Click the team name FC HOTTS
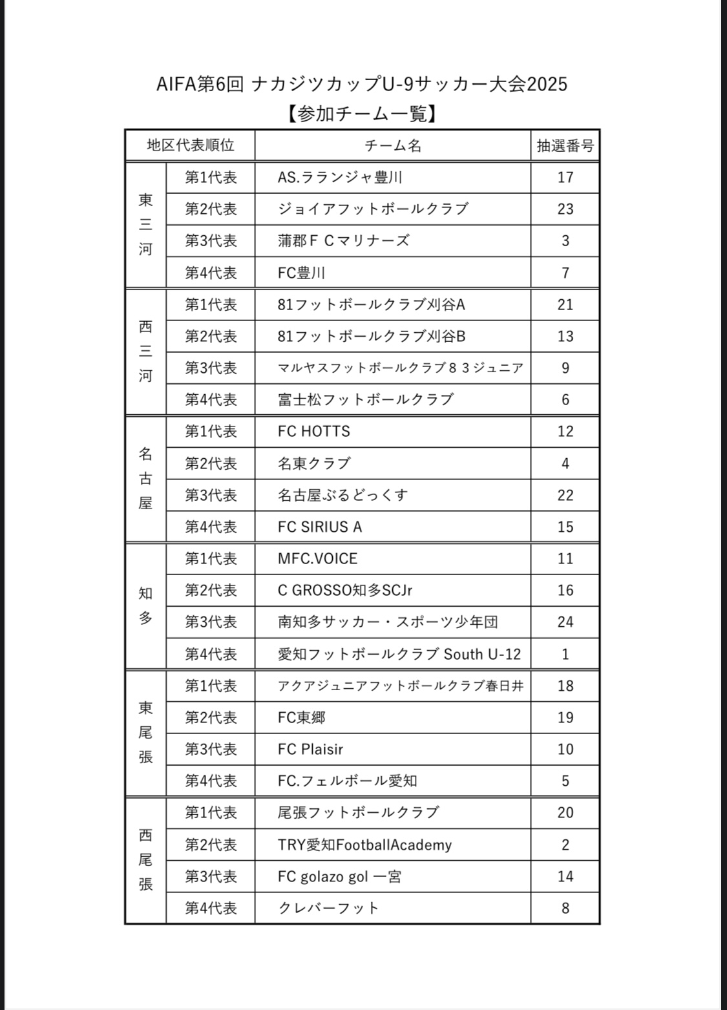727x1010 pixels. coord(314,432)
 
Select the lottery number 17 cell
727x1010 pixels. coord(565,178)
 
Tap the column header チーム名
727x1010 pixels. coord(393,146)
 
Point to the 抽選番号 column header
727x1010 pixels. coord(565,146)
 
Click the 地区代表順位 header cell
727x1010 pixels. coord(191,145)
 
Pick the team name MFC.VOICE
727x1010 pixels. coord(317,559)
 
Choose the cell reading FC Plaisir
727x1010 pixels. coord(310,750)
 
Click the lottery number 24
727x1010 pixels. coord(565,622)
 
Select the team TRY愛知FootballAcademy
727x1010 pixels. coord(364,845)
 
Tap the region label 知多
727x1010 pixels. coord(145,606)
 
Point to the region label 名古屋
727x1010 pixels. coord(145,479)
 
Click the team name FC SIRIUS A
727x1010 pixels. coord(320,527)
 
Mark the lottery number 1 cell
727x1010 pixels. coord(565,654)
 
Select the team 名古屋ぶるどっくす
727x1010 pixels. coord(342,496)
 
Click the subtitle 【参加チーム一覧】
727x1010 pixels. coord(362,114)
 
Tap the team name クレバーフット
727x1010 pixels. coord(328,909)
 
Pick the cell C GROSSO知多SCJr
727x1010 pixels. coord(345,591)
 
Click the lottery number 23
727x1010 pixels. coord(565,209)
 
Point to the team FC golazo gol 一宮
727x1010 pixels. coord(339,877)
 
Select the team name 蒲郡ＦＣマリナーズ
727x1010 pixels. coord(343,241)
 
